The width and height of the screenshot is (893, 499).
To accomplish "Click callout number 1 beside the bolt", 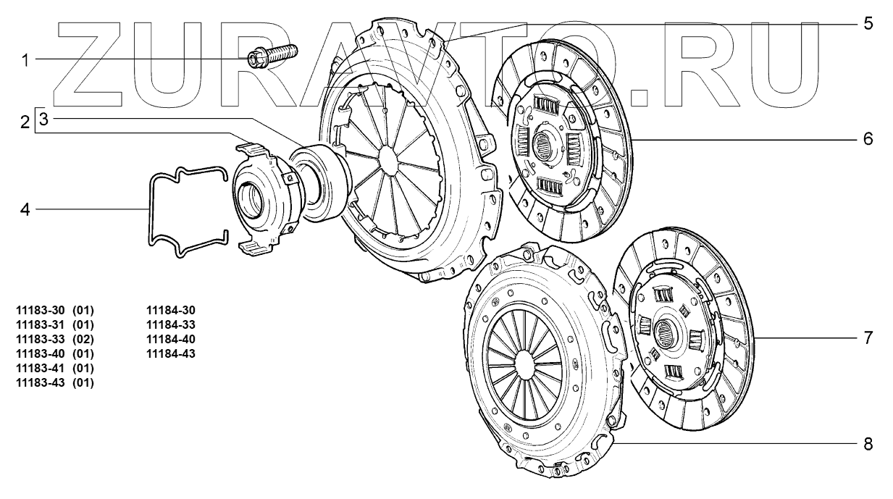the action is click(25, 61).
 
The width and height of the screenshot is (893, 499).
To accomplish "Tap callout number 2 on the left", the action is click(25, 122).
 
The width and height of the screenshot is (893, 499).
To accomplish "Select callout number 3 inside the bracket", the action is click(44, 118).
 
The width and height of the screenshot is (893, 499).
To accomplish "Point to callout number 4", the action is click(25, 209).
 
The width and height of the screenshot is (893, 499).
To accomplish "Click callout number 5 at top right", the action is click(868, 23).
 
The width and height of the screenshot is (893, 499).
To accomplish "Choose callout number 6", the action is click(868, 139).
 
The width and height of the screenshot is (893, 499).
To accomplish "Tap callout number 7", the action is click(868, 337).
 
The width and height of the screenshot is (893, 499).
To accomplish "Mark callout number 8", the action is click(868, 444).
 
